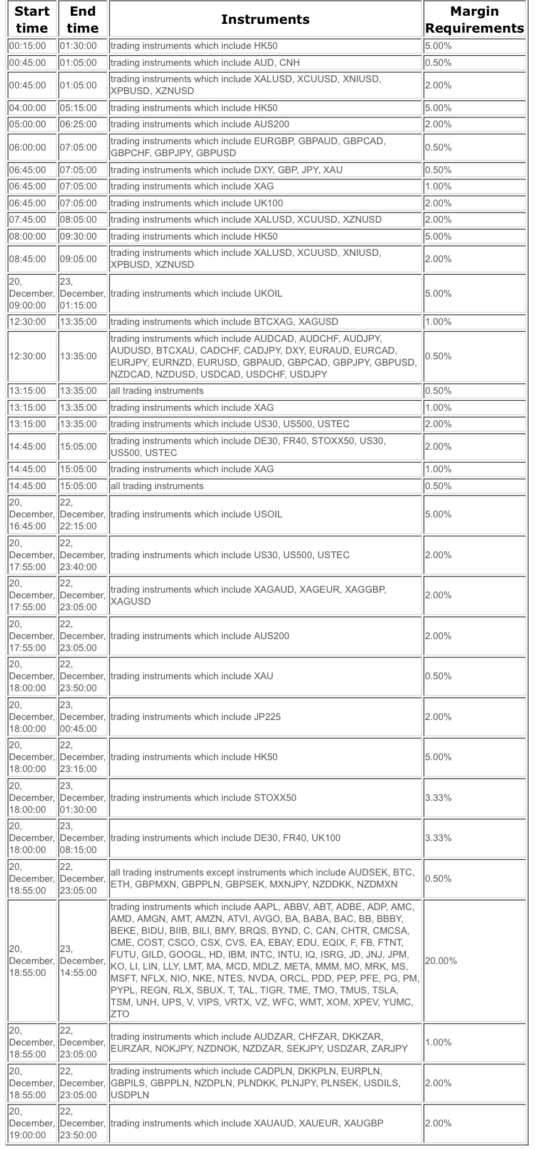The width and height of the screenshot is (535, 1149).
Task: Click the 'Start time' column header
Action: (32, 19)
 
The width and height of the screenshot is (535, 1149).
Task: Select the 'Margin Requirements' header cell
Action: (474, 19)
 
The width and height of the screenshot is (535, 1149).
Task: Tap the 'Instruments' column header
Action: (265, 19)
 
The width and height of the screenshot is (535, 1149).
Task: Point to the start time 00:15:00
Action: (28, 46)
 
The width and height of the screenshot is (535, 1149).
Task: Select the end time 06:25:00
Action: (78, 124)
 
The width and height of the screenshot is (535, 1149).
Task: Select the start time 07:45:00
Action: (28, 220)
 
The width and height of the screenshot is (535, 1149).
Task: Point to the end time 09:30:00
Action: (78, 236)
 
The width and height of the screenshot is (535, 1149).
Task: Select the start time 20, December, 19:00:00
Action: (31, 1123)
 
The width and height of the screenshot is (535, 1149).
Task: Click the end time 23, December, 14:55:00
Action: (82, 961)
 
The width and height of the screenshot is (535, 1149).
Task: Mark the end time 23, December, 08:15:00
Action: (82, 838)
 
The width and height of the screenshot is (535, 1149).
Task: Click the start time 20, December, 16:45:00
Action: (31, 514)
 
